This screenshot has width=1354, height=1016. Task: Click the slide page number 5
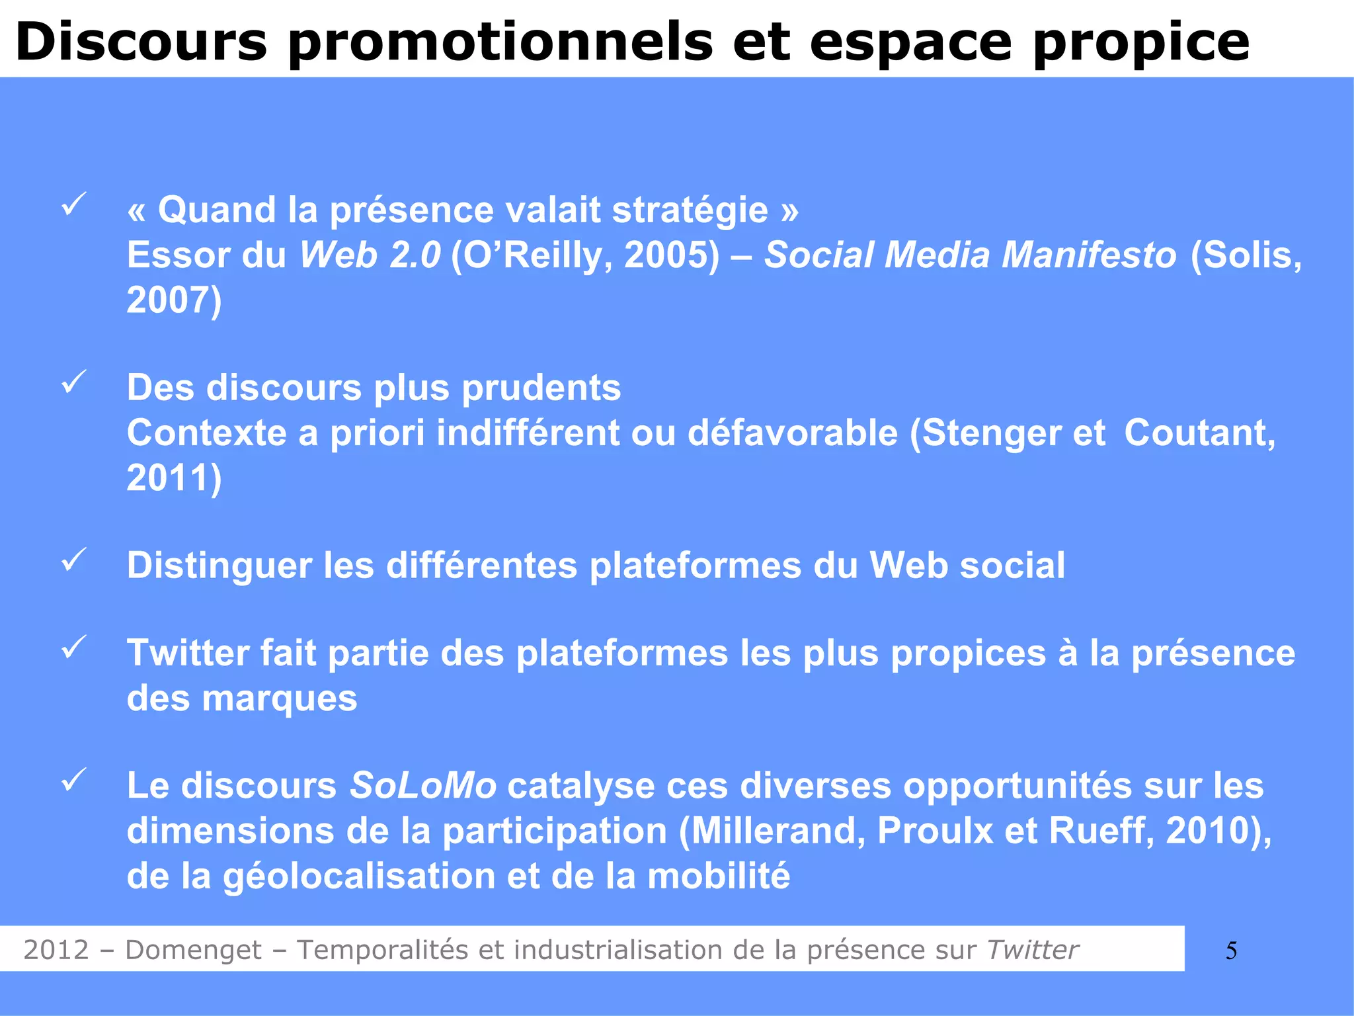(1231, 951)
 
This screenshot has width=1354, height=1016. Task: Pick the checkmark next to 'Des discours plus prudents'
(74, 382)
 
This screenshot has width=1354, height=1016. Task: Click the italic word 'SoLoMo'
(423, 786)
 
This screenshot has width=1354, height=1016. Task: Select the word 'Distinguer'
(219, 566)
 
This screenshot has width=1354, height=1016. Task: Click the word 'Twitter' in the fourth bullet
(188, 654)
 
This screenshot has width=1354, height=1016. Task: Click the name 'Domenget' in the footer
(193, 950)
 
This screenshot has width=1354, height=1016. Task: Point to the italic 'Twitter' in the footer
(1033, 950)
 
